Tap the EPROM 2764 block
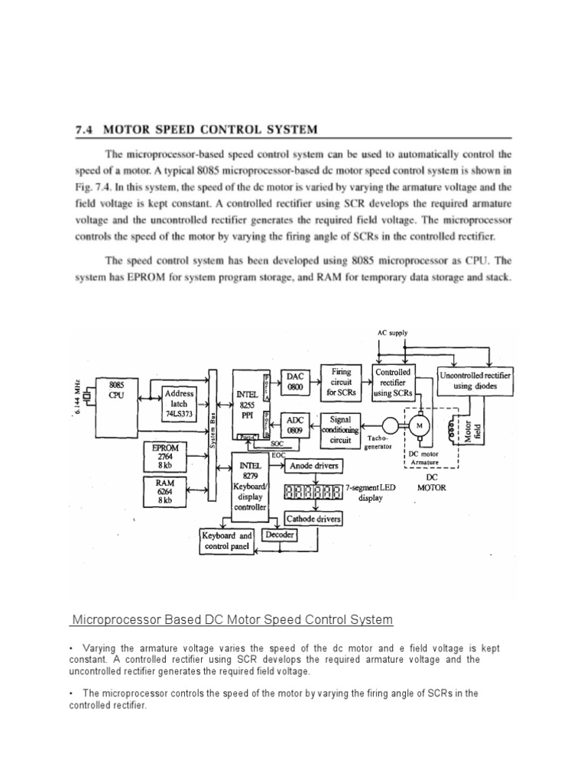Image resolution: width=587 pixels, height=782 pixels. click(x=165, y=456)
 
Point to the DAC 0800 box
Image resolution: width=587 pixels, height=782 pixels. click(x=295, y=381)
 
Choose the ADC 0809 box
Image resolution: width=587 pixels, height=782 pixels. click(x=295, y=425)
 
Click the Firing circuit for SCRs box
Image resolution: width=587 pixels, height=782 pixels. click(x=340, y=381)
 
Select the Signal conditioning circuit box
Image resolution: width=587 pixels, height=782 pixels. click(x=340, y=430)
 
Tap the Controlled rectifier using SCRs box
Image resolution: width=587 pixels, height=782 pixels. click(x=392, y=382)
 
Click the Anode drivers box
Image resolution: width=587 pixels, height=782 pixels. click(x=313, y=465)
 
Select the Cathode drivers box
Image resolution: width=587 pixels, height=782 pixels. click(x=313, y=519)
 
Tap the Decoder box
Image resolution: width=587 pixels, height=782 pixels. click(x=279, y=535)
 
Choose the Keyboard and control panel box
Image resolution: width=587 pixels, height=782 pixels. click(x=227, y=541)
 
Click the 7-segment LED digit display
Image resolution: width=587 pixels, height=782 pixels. click(x=312, y=493)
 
